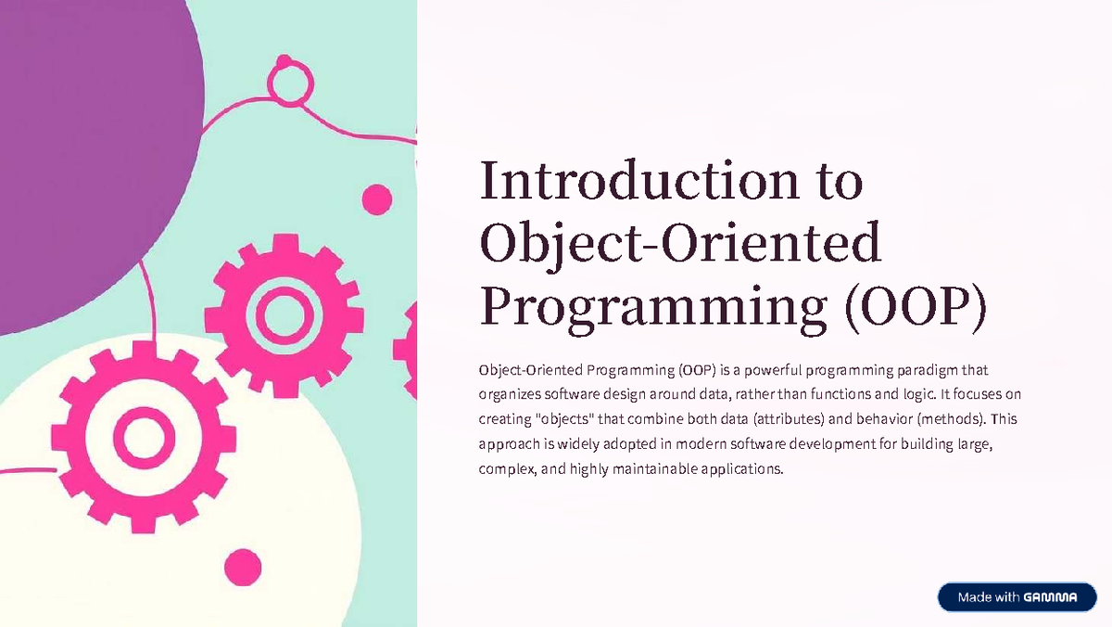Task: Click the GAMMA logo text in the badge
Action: tap(1051, 598)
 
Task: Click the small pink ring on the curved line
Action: tap(284, 83)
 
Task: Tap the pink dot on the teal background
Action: tap(376, 199)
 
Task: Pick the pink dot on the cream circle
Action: tap(243, 567)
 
